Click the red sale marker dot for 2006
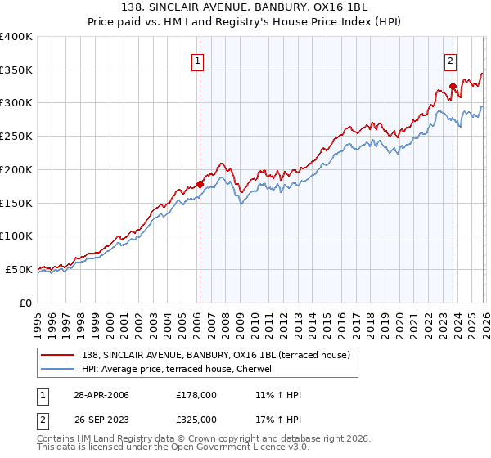pyautogui.click(x=200, y=184)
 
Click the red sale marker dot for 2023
pyautogui.click(x=453, y=85)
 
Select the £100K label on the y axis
pyautogui.click(x=16, y=236)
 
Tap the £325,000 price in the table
pyautogui.click(x=196, y=420)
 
